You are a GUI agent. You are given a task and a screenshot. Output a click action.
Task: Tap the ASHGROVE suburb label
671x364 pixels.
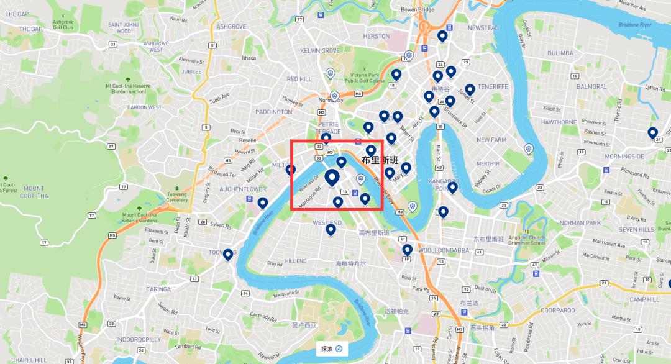pyautogui.click(x=231, y=27)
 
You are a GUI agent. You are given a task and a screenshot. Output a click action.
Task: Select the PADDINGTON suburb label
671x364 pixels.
pyautogui.click(x=273, y=112)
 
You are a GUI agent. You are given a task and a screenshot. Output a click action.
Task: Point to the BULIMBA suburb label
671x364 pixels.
pyautogui.click(x=560, y=53)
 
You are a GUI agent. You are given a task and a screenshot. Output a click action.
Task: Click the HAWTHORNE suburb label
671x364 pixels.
pyautogui.click(x=559, y=122)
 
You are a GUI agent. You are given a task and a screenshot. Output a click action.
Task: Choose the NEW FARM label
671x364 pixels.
pyautogui.click(x=491, y=140)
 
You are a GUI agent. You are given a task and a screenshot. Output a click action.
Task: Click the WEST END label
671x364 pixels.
pyautogui.click(x=327, y=222)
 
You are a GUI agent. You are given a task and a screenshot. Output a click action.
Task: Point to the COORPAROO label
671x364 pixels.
pyautogui.click(x=557, y=310)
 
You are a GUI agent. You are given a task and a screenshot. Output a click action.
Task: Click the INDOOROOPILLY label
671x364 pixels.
pyautogui.click(x=139, y=339)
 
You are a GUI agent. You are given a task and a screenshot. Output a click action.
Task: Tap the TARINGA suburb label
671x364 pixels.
pyautogui.click(x=158, y=289)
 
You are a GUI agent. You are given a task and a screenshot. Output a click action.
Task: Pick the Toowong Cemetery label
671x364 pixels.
pyautogui.click(x=177, y=197)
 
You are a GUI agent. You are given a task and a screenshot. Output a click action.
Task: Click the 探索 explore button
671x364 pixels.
pyautogui.click(x=331, y=348)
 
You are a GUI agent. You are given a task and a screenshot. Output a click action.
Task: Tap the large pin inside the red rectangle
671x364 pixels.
pyautogui.click(x=332, y=177)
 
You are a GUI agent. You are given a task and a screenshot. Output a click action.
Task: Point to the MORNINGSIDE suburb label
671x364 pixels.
pyautogui.click(x=624, y=157)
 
